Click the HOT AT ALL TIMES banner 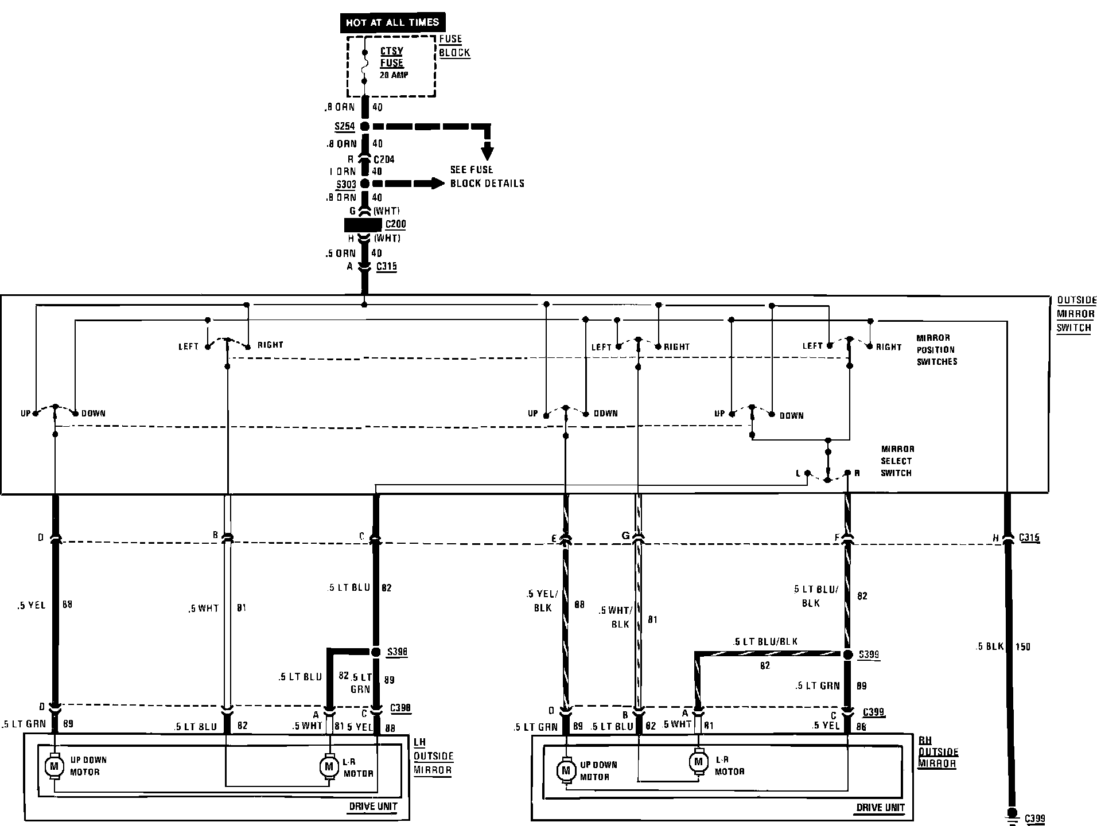pos(392,22)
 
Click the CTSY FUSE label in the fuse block pos(392,57)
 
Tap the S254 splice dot pos(364,126)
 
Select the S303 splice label pos(346,185)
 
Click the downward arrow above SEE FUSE pos(487,152)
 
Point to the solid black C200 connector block pos(363,225)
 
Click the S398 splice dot pos(376,652)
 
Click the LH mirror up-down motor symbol pos(55,766)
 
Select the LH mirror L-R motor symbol pos(329,766)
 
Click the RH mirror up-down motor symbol pos(566,770)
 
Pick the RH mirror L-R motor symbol pos(698,762)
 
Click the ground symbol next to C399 pos(1013,815)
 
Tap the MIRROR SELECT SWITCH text pos(897,461)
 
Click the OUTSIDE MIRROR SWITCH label pos(1076,314)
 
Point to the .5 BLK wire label pos(990,646)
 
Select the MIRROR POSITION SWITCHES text pos(936,350)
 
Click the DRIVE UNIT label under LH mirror pos(373,806)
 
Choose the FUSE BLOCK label pos(454,46)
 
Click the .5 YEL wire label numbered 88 pos(32,605)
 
